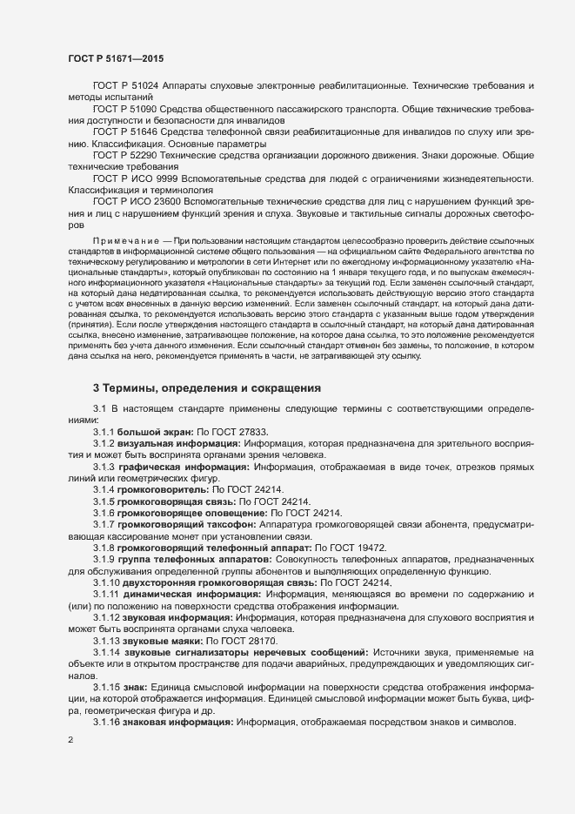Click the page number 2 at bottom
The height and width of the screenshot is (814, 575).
(x=70, y=742)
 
